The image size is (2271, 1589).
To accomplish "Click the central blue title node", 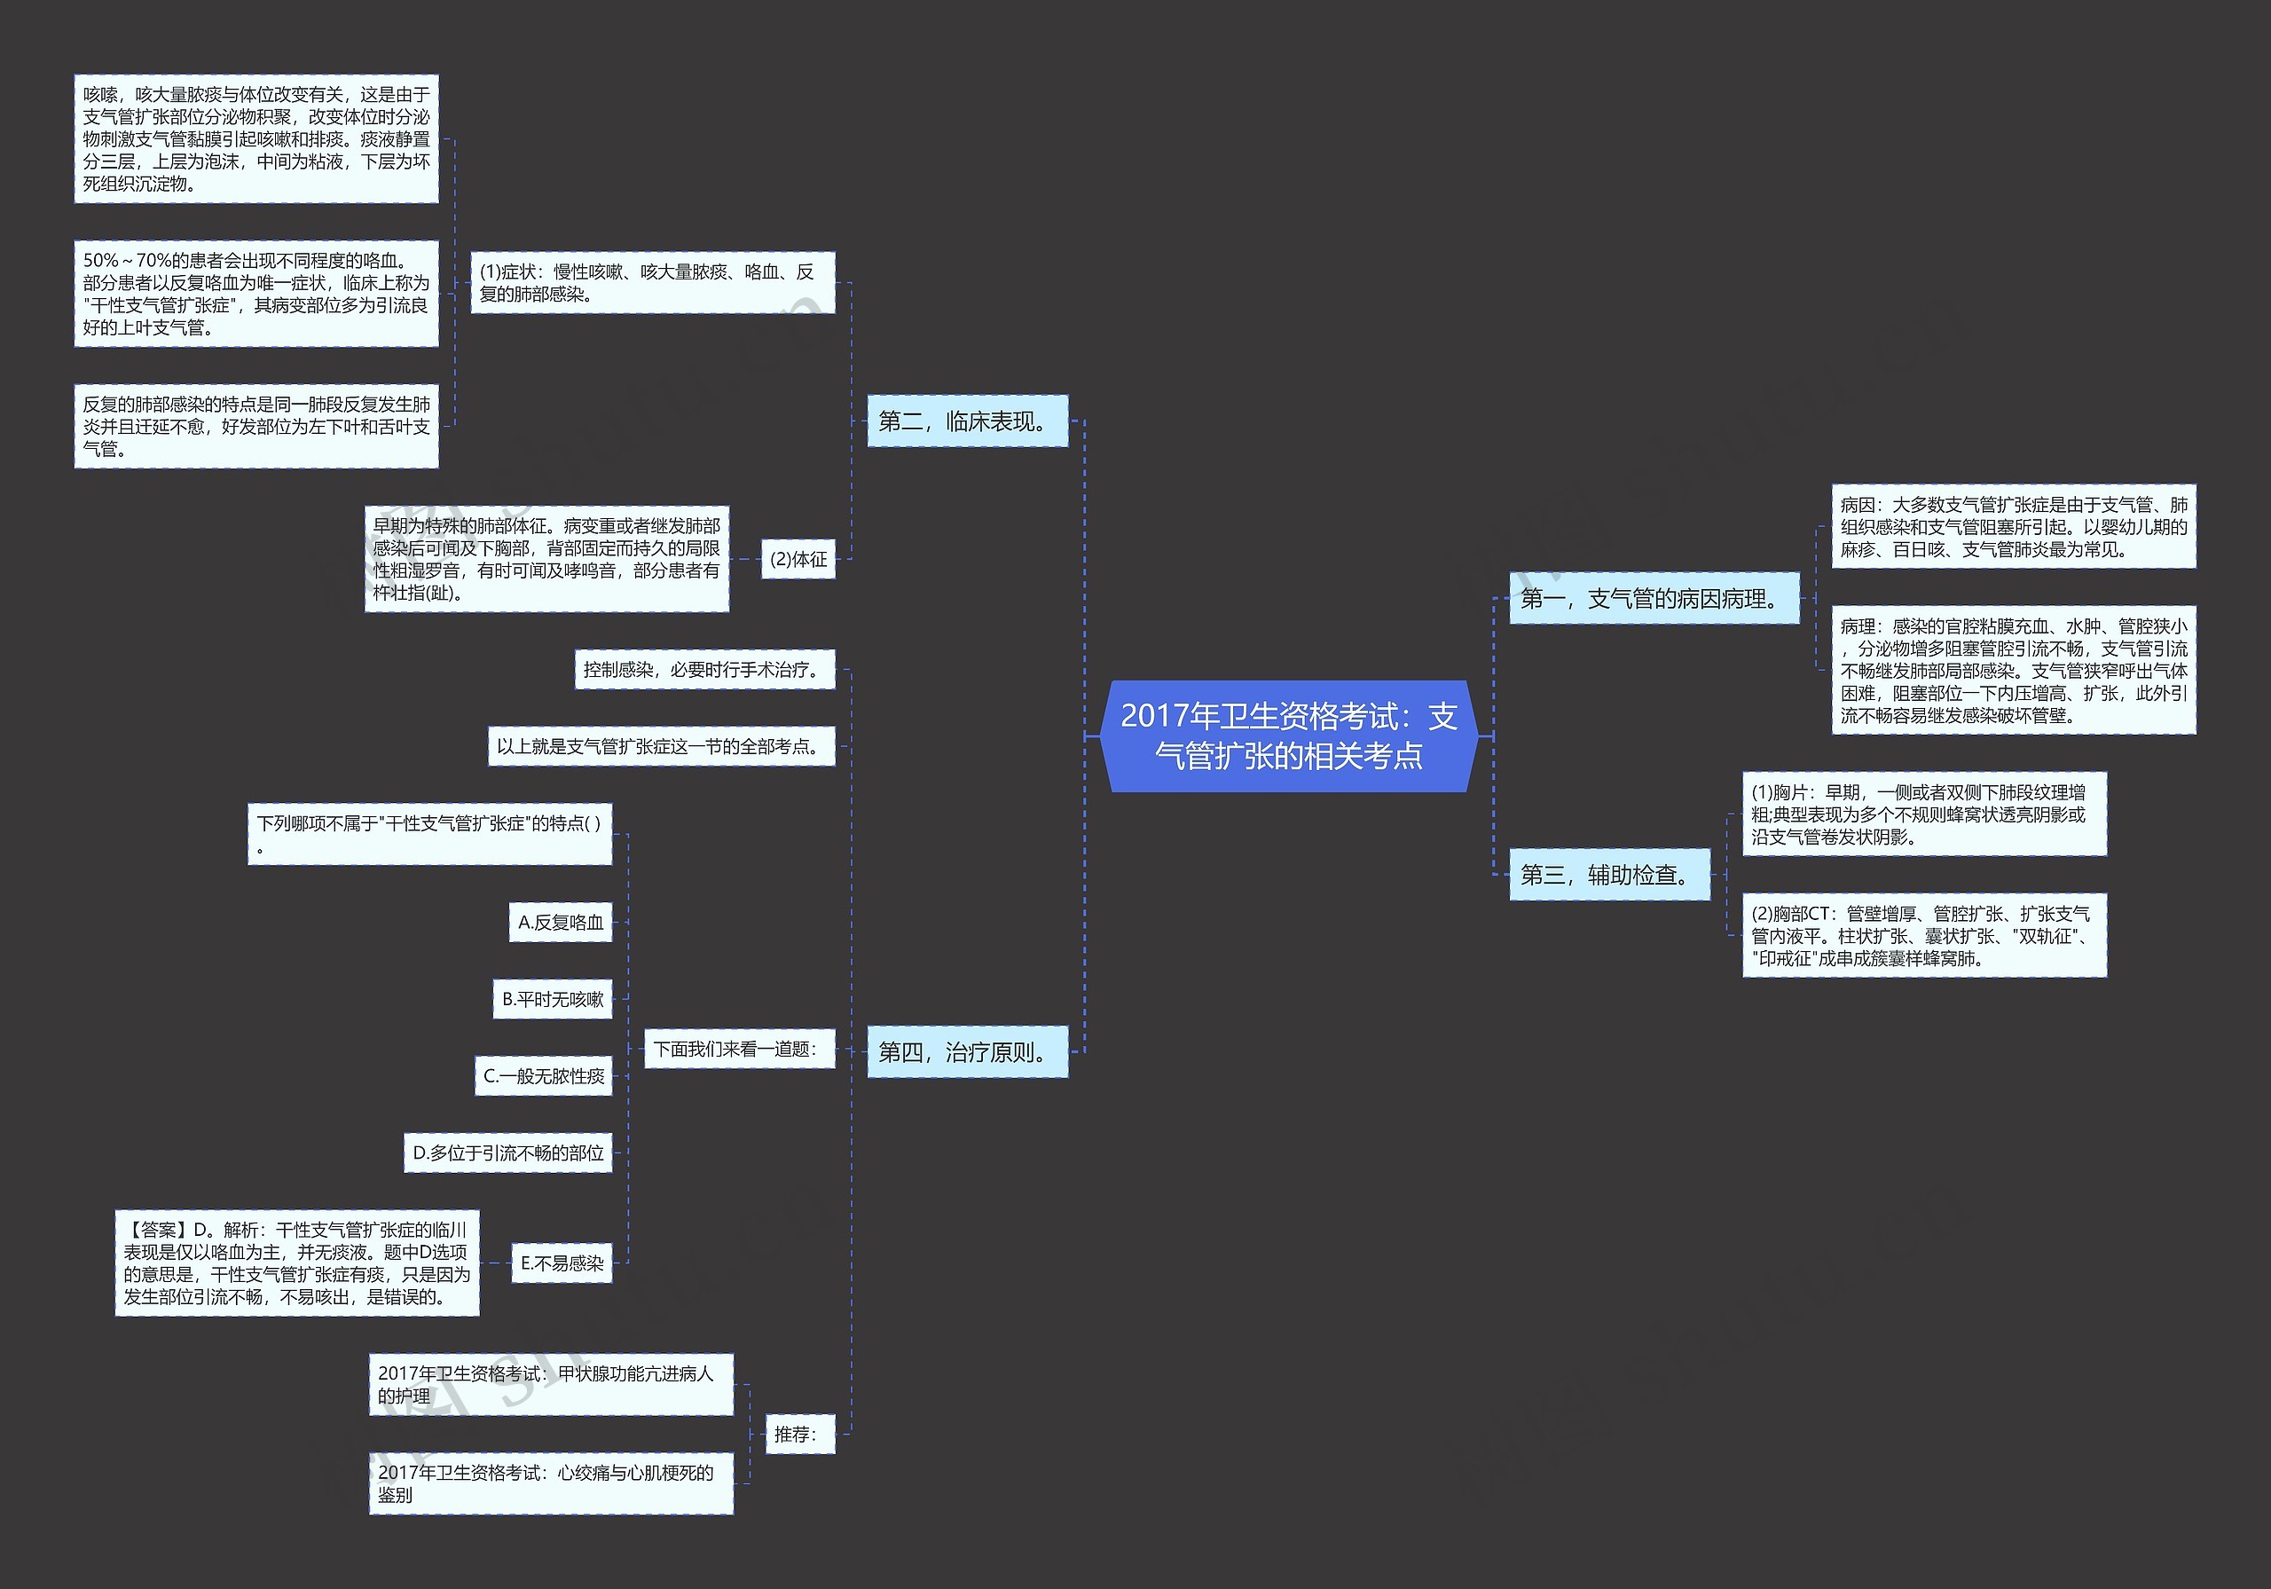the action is (1288, 736).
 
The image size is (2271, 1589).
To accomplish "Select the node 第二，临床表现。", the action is (966, 421).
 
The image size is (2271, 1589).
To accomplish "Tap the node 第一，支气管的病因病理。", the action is (1653, 599).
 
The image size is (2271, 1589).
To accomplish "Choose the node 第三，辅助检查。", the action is (1608, 875).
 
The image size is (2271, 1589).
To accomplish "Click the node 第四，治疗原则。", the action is (966, 1051).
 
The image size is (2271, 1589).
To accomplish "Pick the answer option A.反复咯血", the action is (561, 922).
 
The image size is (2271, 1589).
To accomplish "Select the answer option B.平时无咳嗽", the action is (553, 999).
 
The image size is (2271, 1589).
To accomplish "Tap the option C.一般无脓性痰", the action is (544, 1076).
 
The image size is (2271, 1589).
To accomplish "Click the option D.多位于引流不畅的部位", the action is (508, 1152).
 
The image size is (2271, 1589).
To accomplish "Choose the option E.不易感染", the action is (562, 1263).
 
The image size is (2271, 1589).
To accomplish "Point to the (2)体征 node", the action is (798, 559).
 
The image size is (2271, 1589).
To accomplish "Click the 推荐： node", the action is (799, 1434).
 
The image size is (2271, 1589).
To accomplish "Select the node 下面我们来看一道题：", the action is (739, 1049).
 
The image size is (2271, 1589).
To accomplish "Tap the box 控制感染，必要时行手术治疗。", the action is (704, 670).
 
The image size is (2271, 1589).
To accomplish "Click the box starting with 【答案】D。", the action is (296, 1263).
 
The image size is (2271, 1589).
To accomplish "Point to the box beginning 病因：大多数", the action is (2013, 526).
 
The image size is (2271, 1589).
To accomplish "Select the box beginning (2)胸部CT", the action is (1924, 936).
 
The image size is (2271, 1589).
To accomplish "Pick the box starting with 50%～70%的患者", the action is (256, 294).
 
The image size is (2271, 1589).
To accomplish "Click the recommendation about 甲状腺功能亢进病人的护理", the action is (551, 1384).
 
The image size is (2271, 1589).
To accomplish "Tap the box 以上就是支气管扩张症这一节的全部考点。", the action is (661, 746).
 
